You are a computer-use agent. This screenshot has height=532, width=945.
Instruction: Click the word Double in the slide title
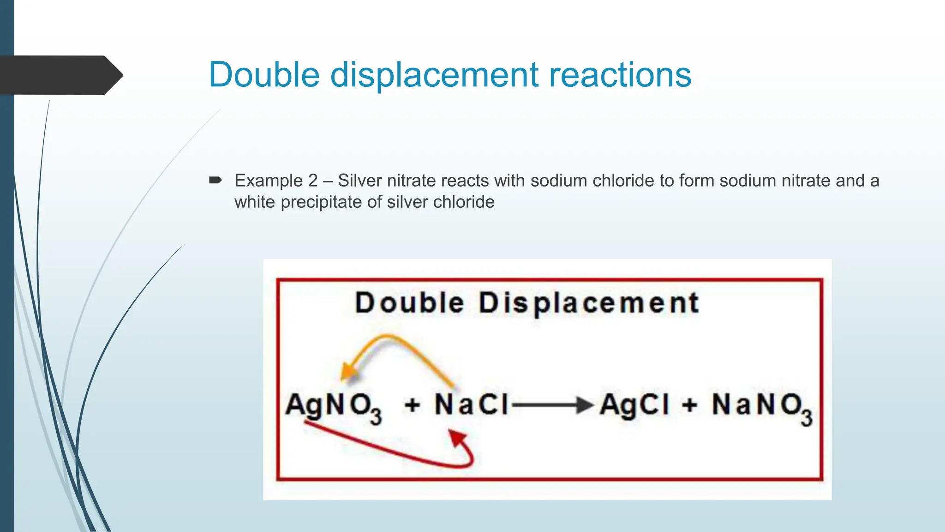[x=264, y=74]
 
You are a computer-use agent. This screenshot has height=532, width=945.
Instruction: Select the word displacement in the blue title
[x=434, y=75]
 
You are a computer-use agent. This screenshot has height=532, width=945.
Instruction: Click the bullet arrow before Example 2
[x=215, y=180]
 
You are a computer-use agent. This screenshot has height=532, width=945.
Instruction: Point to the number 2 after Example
[x=313, y=181]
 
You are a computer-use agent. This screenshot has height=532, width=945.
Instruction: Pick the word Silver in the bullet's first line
[x=359, y=181]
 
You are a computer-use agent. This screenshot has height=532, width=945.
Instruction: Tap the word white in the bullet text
[x=255, y=202]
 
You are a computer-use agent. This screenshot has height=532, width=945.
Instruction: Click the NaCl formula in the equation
[x=471, y=405]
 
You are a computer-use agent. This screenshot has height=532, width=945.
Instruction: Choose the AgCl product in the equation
[x=634, y=405]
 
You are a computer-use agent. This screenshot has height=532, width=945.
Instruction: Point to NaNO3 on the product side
[x=761, y=406]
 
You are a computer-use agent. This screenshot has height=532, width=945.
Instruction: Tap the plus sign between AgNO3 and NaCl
[x=412, y=405]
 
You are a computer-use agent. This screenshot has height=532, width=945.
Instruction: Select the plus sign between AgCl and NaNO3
[x=689, y=405]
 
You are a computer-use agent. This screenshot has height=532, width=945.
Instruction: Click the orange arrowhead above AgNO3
[x=348, y=371]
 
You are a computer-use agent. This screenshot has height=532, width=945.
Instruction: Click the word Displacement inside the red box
[x=589, y=303]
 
